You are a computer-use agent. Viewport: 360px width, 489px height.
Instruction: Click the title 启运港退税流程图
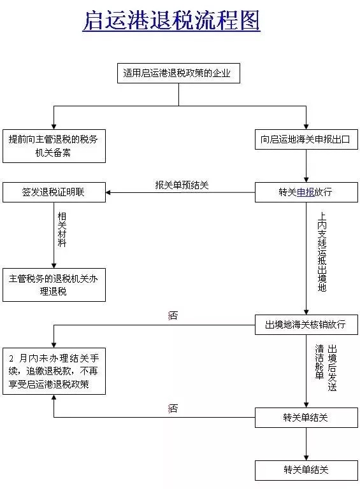(171, 20)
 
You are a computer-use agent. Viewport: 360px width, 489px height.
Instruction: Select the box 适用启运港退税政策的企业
(178, 73)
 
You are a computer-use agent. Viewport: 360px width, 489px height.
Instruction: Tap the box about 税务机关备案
(54, 146)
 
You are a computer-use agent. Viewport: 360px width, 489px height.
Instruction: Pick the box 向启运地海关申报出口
(306, 139)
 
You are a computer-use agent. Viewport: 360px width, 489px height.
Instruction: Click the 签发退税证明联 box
(54, 192)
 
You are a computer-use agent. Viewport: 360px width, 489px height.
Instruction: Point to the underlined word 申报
(305, 192)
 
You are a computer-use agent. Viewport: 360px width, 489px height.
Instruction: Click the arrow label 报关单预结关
(182, 185)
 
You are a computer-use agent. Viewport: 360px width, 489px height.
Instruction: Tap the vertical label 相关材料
(62, 229)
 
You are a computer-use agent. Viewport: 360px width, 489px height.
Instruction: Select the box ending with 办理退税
(54, 285)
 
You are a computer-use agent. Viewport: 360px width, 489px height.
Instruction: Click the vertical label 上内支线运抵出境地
(322, 252)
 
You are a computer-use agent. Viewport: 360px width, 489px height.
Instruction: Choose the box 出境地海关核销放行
(306, 325)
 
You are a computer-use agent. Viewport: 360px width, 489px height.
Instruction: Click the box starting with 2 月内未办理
(54, 371)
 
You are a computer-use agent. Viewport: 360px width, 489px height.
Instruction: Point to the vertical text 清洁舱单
(319, 362)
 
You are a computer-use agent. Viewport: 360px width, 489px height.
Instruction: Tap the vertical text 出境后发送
(332, 368)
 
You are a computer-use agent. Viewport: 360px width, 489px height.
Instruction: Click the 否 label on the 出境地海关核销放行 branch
(173, 316)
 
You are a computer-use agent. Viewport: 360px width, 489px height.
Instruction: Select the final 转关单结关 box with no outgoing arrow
(306, 470)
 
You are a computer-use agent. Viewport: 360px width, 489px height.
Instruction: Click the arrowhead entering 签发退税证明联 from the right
(108, 192)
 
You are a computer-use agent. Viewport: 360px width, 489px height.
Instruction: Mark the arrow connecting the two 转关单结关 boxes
(306, 444)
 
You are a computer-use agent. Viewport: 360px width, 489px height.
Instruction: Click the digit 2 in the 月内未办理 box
(11, 358)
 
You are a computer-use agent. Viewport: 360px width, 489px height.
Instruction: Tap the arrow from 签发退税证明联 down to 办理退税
(54, 235)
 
